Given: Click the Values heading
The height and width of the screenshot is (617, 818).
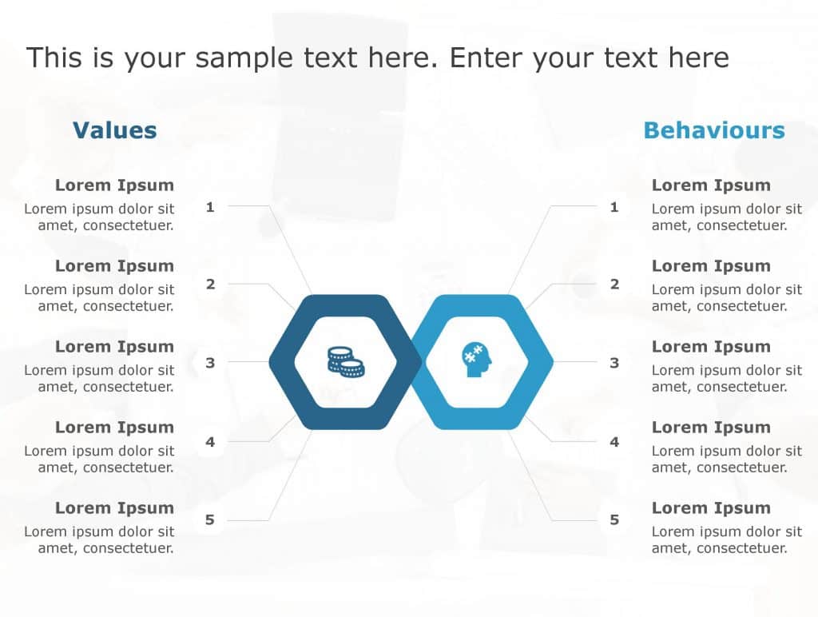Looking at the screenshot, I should click(114, 130).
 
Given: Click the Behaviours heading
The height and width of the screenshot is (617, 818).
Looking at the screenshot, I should click(714, 130).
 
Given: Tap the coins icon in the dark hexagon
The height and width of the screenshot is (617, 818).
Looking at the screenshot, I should click(345, 362).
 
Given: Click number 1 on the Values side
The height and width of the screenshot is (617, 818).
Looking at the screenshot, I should click(210, 207).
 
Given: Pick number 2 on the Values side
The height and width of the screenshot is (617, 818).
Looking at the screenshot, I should click(210, 284).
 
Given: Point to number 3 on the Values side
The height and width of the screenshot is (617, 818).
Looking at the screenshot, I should click(210, 363).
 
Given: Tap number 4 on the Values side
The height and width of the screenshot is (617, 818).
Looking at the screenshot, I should click(210, 441).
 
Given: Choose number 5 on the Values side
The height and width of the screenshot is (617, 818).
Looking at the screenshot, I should click(210, 520).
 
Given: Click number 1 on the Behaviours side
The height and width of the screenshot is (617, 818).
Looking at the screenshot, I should click(614, 207).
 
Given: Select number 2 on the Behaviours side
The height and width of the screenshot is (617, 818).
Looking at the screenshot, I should click(614, 284).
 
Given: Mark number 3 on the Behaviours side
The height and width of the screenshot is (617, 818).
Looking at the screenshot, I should click(614, 363).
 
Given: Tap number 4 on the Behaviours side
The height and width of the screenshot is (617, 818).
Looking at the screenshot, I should click(614, 441).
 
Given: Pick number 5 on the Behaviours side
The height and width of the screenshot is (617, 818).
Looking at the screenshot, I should click(614, 520).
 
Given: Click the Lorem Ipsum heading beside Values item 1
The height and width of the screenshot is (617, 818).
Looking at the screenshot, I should click(114, 185).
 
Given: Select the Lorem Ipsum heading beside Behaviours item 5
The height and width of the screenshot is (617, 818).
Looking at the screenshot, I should click(711, 508).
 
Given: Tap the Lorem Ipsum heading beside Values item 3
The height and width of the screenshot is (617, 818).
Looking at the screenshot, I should click(114, 347).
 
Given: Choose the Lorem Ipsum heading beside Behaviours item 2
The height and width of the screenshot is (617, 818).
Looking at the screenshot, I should click(711, 266).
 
